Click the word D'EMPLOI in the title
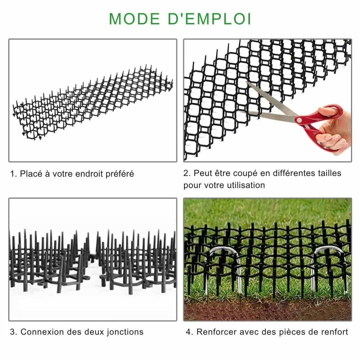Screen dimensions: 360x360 pos(209,19)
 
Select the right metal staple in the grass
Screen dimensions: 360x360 pos(328,263)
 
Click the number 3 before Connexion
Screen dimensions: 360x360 pos(12,332)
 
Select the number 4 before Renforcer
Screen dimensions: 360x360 pos(188,332)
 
